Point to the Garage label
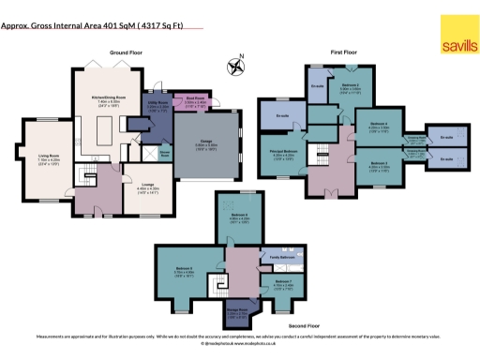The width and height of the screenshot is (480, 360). tap(207, 146)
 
